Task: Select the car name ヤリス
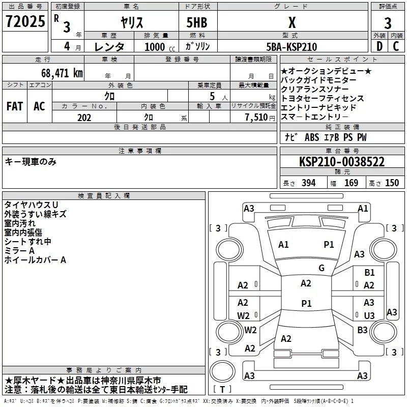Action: [131, 22]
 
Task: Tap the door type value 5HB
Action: [196, 22]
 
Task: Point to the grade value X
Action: [292, 22]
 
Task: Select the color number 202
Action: [84, 117]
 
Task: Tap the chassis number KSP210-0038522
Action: [341, 162]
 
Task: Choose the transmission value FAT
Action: [14, 106]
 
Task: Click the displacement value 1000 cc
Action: [153, 47]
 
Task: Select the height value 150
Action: [392, 183]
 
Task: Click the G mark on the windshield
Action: [322, 268]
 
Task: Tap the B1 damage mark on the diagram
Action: [369, 273]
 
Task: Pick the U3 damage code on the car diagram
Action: [369, 315]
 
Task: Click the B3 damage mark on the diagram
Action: [362, 330]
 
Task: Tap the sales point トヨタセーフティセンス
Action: [323, 98]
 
